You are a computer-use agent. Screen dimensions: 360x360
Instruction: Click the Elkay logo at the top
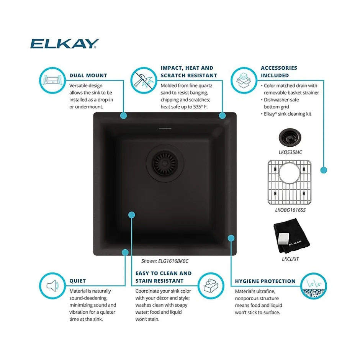pos(64,44)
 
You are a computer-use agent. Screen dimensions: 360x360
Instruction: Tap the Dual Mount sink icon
pos(52,80)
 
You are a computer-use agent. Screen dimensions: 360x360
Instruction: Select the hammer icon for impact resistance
pos(144,80)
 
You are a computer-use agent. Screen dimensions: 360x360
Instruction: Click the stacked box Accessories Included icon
pos(244,80)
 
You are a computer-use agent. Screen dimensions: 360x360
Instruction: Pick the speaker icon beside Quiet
pos(52,286)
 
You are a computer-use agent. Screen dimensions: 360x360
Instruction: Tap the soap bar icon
pos(211,286)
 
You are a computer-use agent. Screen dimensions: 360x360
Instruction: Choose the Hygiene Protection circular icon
pos(314,286)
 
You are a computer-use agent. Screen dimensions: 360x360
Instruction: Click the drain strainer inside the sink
pos(165,163)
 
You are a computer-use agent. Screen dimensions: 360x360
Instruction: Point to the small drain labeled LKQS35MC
pos(290,137)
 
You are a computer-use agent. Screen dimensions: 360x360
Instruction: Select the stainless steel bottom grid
pos(290,182)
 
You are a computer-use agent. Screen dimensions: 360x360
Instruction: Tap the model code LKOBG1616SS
pos(290,210)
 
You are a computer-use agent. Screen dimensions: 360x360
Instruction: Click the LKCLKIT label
pos(290,259)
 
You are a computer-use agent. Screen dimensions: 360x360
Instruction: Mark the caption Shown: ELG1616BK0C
pos(165,261)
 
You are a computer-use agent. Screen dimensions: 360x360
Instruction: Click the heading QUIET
pos(78,281)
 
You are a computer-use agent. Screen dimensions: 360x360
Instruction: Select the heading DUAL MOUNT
pos(88,75)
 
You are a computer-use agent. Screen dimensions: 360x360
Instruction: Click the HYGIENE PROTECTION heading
pos(265,281)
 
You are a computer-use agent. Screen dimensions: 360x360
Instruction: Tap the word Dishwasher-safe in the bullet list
pos(281,100)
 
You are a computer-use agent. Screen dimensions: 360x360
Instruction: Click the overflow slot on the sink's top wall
pos(165,129)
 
